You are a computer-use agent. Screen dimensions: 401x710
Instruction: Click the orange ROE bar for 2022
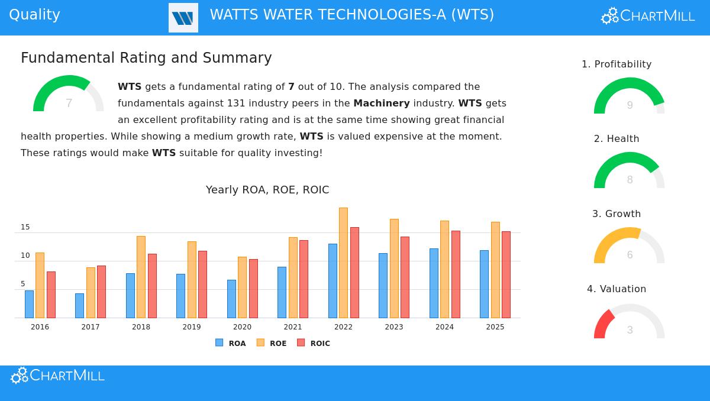click(343, 263)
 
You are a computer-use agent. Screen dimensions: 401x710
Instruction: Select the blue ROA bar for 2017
click(79, 306)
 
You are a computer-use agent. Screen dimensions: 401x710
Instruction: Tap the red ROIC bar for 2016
click(51, 295)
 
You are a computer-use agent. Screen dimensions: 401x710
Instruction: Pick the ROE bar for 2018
click(141, 277)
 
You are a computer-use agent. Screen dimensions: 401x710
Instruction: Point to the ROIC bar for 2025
click(506, 274)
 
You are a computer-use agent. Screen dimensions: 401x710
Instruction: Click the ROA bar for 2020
click(231, 299)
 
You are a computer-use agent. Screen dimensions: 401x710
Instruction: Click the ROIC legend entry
click(314, 343)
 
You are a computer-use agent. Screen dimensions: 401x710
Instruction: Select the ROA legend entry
click(231, 343)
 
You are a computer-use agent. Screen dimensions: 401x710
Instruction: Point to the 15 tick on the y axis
click(25, 227)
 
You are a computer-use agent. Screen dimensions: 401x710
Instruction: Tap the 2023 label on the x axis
click(394, 327)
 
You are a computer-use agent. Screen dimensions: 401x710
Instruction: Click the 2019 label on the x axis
click(192, 327)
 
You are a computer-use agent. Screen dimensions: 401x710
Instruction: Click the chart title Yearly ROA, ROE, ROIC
click(267, 190)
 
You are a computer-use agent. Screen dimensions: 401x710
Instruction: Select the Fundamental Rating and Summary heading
click(146, 58)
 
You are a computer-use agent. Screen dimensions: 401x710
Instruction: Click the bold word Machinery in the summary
click(382, 104)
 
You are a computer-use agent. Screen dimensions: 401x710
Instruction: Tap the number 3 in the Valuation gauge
click(630, 330)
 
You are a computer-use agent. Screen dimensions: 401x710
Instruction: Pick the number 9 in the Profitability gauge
click(630, 105)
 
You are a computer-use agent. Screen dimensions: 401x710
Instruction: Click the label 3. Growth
click(617, 214)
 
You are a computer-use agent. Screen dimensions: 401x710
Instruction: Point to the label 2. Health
click(617, 139)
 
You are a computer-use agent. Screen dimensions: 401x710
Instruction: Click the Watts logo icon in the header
click(183, 18)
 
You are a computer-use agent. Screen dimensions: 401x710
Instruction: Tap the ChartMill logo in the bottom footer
click(58, 376)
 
